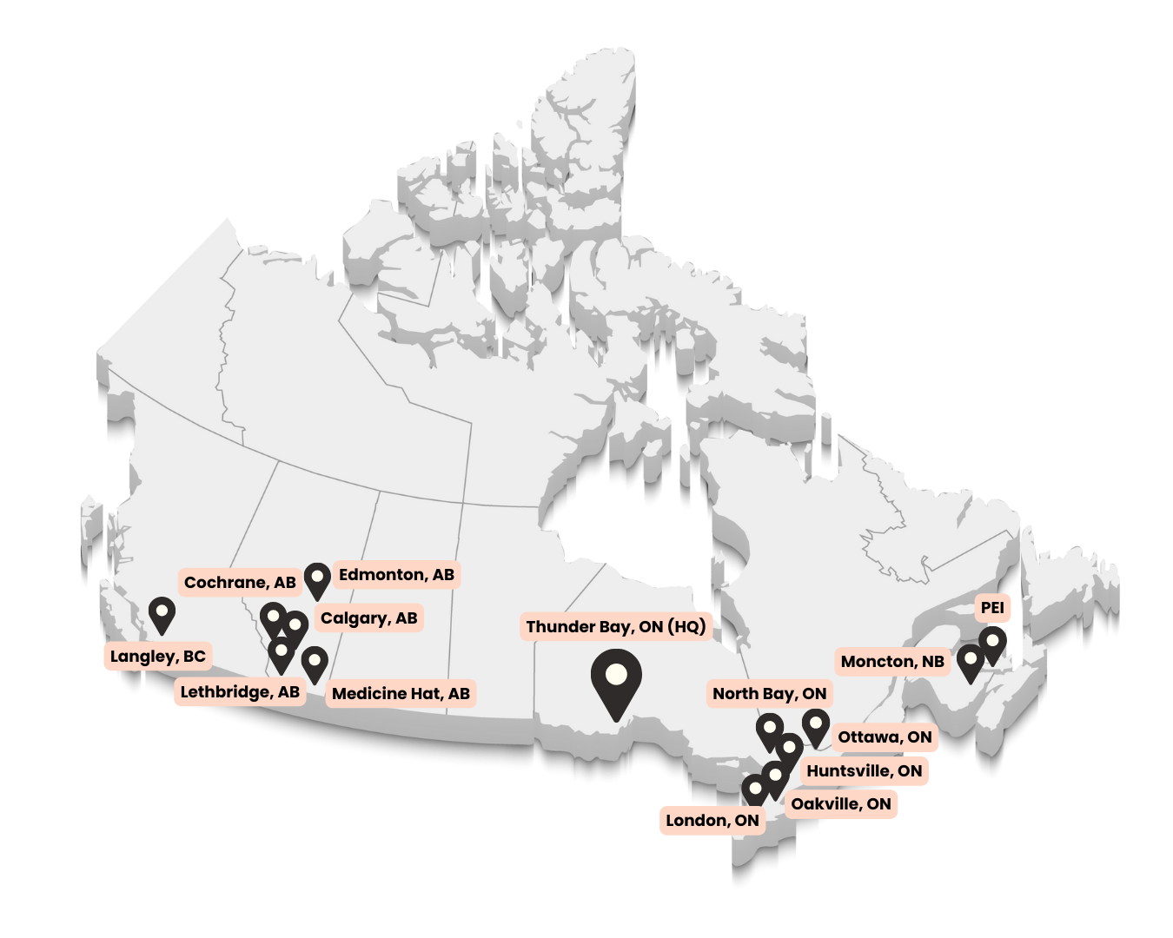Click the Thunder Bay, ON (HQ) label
[615, 627]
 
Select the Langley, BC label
[158, 657]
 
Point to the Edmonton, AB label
[396, 575]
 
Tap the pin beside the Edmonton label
[317, 578]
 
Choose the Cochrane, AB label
[240, 583]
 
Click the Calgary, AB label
[368, 618]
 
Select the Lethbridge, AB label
[240, 692]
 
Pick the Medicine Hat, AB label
[401, 694]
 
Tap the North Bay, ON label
[769, 694]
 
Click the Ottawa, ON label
[885, 737]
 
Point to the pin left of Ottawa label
[815, 725]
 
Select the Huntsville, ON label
[864, 771]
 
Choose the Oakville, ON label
[840, 804]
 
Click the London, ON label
[712, 821]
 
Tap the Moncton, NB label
[892, 662]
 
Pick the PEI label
[992, 608]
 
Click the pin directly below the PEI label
[992, 644]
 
